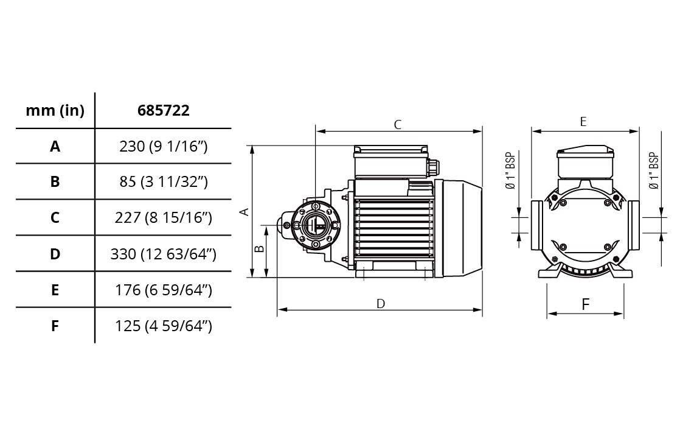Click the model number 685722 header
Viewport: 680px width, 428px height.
tap(164, 110)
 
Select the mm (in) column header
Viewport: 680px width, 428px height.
tap(55, 111)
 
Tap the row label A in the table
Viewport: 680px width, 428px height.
tap(55, 147)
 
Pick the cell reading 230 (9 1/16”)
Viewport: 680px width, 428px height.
tap(164, 147)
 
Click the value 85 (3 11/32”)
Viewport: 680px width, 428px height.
tap(164, 182)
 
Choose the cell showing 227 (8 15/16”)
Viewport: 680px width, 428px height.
tap(164, 218)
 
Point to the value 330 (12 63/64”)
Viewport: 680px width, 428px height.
tap(164, 254)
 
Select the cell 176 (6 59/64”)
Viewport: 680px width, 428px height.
tap(164, 290)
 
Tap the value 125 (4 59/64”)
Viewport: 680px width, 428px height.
tap(164, 326)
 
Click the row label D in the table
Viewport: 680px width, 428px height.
tap(55, 254)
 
